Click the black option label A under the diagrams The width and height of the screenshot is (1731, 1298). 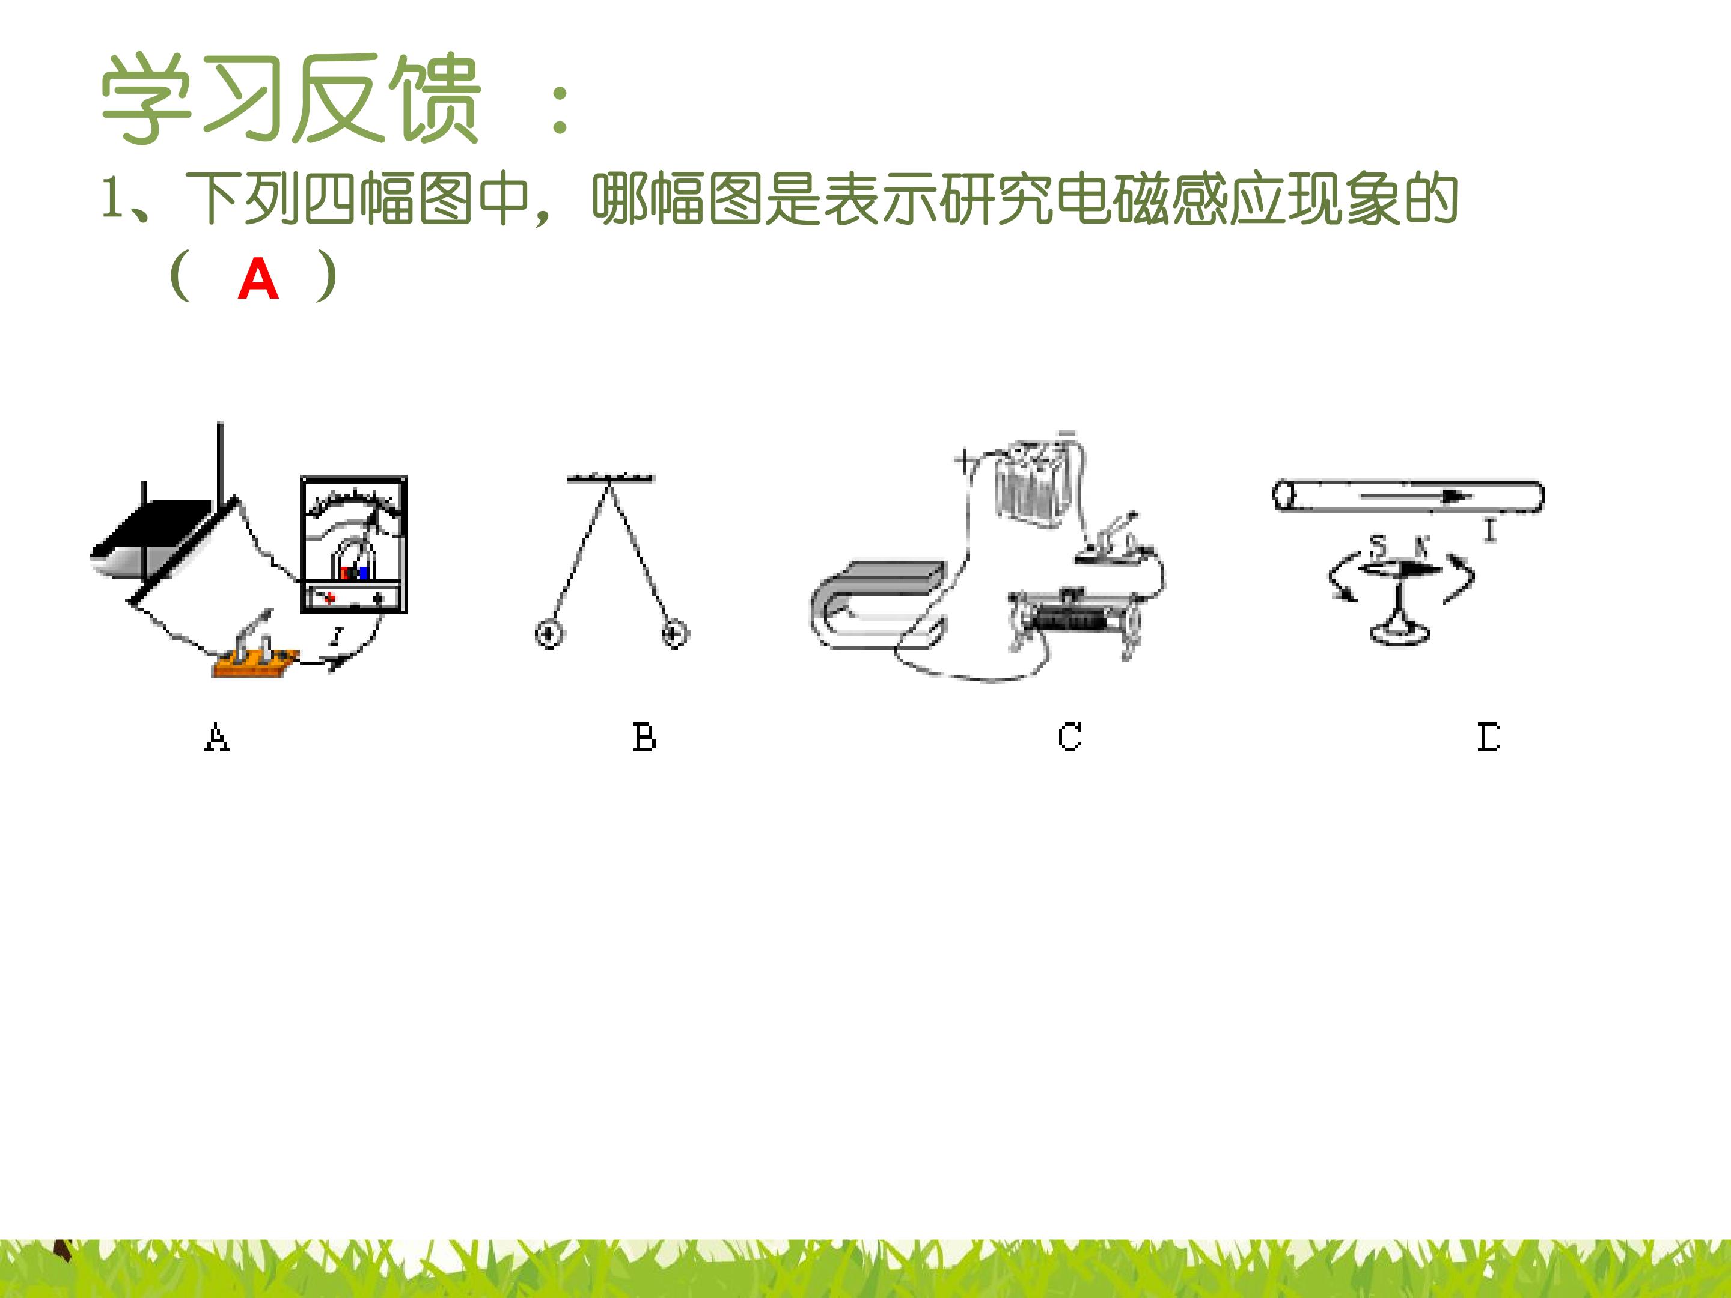[217, 737]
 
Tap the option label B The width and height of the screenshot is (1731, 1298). [644, 737]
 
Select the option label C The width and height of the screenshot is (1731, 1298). [1070, 737]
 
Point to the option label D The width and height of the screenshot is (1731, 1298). [1488, 737]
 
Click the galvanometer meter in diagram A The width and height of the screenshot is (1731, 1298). [353, 544]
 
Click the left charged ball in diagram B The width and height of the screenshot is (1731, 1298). [549, 633]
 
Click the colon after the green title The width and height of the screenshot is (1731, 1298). [560, 109]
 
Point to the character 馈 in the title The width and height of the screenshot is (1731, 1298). [435, 99]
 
